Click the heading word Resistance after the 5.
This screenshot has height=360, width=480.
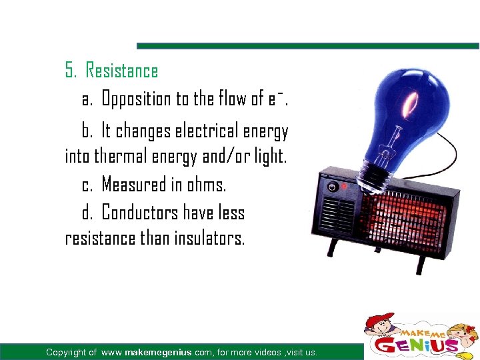122,71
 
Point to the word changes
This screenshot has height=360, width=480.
143,131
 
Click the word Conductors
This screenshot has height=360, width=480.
140,213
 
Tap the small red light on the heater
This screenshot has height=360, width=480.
344,187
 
